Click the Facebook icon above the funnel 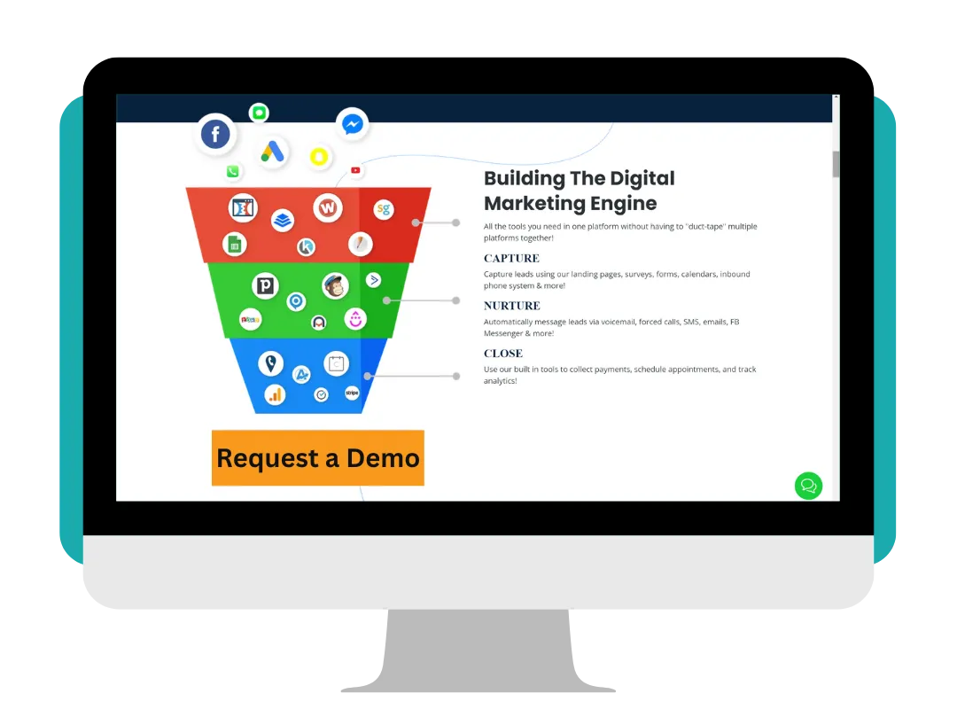(x=215, y=135)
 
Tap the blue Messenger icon (x=352, y=125)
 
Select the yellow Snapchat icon (x=318, y=157)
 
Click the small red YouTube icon (x=355, y=170)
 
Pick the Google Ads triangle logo (x=273, y=152)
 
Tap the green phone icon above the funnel (x=233, y=172)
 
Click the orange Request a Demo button (x=318, y=458)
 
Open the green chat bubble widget (x=808, y=486)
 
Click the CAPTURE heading (x=511, y=259)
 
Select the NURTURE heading (x=512, y=306)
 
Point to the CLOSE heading (x=503, y=354)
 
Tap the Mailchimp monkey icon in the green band (x=335, y=285)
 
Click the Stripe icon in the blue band (x=352, y=392)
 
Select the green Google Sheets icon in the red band (x=235, y=245)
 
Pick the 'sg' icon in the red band (x=383, y=210)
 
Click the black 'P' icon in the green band (x=265, y=285)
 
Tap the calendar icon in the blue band (x=336, y=362)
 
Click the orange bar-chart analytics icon (x=276, y=394)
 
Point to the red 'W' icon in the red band (x=328, y=208)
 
